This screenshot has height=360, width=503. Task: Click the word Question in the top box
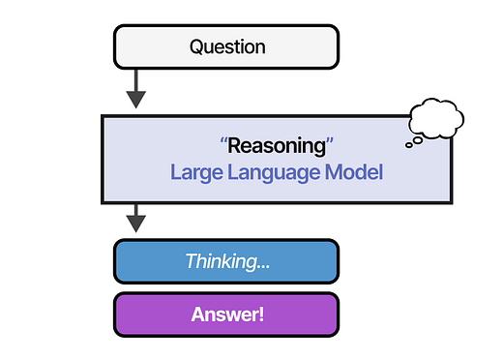(226, 45)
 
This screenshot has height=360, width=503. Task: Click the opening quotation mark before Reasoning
(223, 146)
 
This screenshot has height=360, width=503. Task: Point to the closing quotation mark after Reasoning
(329, 146)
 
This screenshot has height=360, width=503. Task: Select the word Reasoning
(277, 147)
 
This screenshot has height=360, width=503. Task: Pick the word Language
(273, 174)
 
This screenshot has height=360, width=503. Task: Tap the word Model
(356, 173)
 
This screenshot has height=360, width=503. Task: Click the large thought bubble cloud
(436, 119)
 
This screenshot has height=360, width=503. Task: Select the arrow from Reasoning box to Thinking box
(136, 219)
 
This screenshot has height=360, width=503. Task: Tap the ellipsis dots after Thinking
(258, 264)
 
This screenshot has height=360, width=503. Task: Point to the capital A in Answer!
(198, 315)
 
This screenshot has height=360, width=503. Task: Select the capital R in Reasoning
(233, 147)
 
